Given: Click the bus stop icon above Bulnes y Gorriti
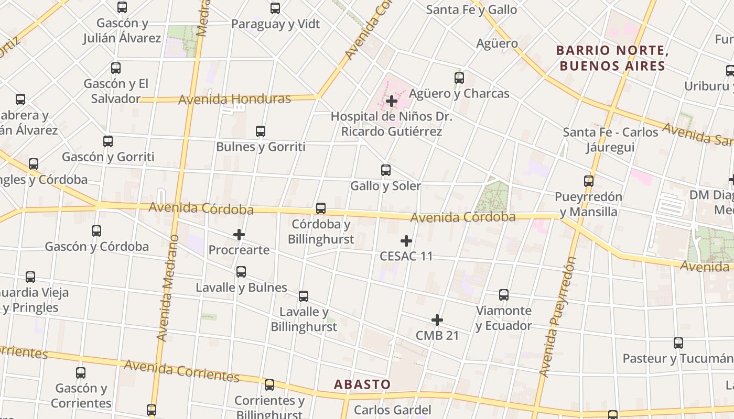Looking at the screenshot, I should tap(261, 131).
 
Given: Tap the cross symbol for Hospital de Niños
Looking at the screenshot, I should tap(392, 101).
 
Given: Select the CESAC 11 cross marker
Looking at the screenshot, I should tap(406, 241).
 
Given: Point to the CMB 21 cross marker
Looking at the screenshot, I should tap(437, 320).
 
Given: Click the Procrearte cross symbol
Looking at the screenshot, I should tap(239, 235).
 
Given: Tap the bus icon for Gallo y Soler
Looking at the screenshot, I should tap(386, 170).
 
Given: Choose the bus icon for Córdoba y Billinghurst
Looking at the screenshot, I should tap(321, 209).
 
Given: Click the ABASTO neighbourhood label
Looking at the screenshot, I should tap(362, 384).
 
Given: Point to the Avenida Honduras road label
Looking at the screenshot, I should tap(234, 99).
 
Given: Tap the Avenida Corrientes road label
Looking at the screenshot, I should tap(182, 370).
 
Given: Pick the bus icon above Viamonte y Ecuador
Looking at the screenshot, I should tap(504, 295).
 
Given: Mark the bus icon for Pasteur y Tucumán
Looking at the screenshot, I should tap(678, 344).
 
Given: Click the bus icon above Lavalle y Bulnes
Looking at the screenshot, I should tap(241, 272).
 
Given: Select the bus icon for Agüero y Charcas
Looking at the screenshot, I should tap(459, 78).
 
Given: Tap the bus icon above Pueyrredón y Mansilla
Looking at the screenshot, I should tap(589, 181).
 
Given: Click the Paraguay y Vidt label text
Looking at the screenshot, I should tap(275, 24).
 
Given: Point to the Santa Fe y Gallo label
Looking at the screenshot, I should tap(471, 9).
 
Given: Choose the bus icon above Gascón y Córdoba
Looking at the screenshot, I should tap(96, 231).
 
